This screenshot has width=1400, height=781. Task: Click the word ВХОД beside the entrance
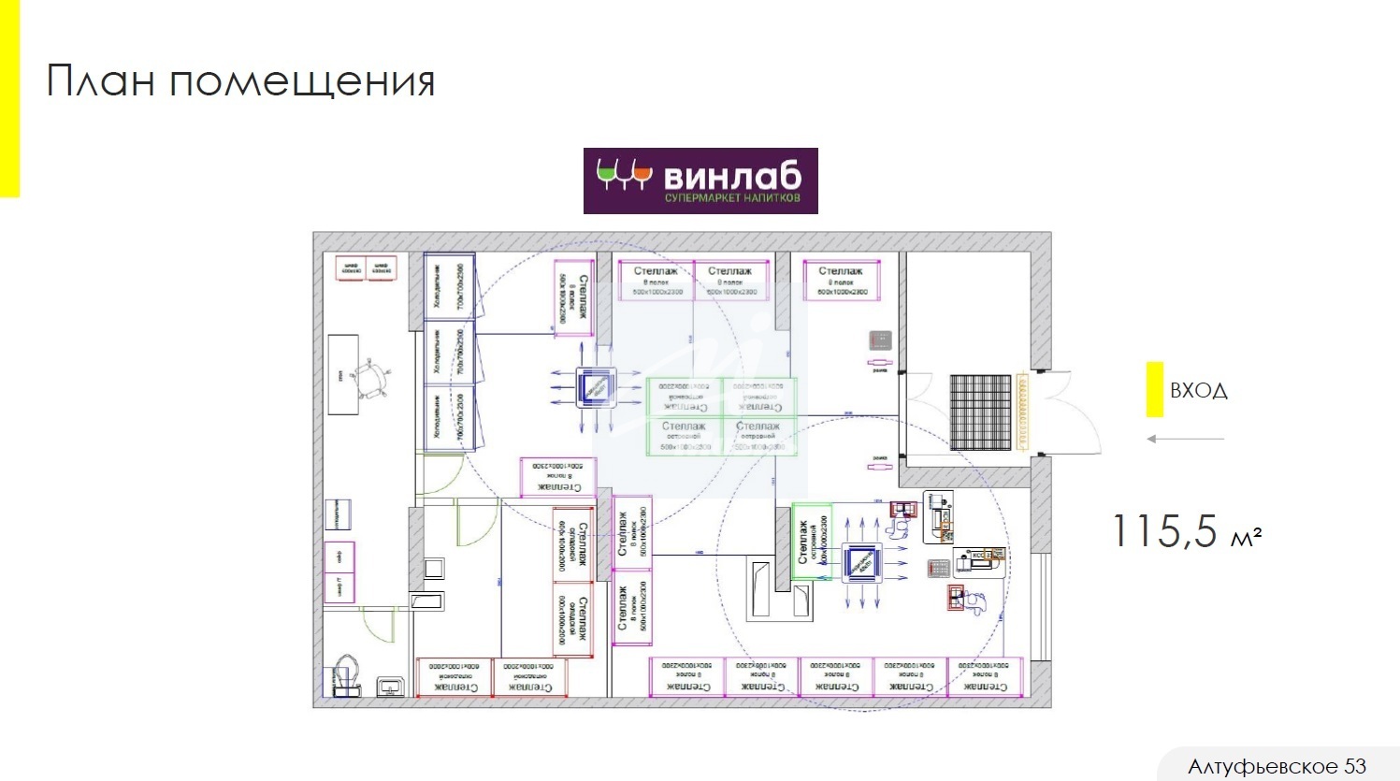pos(1198,391)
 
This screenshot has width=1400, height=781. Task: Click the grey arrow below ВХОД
pos(1185,439)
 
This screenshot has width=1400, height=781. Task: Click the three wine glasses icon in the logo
pos(623,175)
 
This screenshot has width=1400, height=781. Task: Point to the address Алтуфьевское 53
pos(1277,767)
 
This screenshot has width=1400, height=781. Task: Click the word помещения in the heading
pos(302,81)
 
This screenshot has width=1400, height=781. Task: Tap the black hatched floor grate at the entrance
pos(981,412)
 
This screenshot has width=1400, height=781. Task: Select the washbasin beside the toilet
pos(391,687)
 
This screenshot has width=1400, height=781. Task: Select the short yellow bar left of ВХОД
pos(1155,389)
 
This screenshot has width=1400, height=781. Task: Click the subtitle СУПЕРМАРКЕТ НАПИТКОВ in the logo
pos(732,197)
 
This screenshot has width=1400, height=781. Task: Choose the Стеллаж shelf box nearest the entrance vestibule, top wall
pos(841,280)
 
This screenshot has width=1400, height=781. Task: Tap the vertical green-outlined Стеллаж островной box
pos(811,542)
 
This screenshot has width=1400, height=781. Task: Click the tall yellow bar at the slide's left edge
pos(8,98)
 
